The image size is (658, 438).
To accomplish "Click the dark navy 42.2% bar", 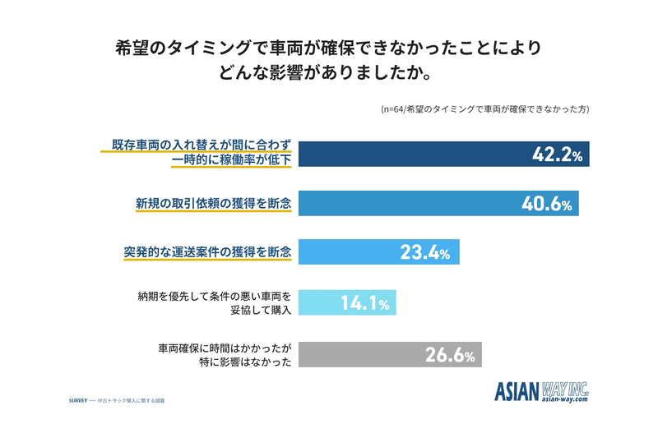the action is coord(443,154).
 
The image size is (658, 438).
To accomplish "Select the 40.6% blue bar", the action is coord(438,203).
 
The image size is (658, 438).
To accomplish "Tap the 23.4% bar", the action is coord(379,252).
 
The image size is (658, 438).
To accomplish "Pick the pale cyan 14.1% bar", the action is coord(347,302).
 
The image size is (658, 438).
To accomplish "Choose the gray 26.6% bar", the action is coord(390,354).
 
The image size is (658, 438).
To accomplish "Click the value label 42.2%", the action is coord(558,154).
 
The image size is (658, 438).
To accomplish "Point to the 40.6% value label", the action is coord(547,204).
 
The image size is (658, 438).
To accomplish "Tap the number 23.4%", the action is coord(424,252).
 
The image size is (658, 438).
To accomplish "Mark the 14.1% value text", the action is coord(364,302).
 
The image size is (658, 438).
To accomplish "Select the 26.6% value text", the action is coord(450,355).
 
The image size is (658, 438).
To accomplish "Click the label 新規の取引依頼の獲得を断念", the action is coord(213,203).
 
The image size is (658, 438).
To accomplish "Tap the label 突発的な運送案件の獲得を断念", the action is coord(207,252).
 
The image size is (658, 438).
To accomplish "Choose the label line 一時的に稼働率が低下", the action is coord(231,159).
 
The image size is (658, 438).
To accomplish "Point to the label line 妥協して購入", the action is coord(261,310).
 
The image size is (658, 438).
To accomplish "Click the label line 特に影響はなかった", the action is coord(245,362).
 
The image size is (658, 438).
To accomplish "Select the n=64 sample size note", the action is coord(485,109).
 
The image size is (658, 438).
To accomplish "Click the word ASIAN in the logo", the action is coord(517,391).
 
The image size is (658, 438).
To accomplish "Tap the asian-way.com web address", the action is coord(565,399).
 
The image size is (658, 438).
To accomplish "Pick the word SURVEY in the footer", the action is coord(78,401).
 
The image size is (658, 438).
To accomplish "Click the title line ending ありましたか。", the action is coord(325,72).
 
